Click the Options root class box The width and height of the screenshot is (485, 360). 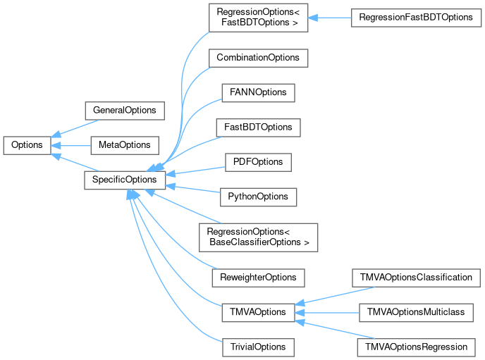tap(27, 145)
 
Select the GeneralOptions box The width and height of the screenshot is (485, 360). tap(124, 111)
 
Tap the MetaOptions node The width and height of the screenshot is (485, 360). tap(124, 145)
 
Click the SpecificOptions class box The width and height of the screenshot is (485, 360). tap(124, 180)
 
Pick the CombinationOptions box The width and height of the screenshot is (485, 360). tap(258, 58)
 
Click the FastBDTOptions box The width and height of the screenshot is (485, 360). tap(258, 128)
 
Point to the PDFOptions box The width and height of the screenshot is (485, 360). tap(257, 162)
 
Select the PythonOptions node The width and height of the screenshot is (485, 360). tap(258, 197)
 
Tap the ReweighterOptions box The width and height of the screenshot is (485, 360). tap(258, 277)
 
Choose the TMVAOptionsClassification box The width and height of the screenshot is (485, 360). tap(416, 277)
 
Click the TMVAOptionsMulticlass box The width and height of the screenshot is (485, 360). tap(416, 311)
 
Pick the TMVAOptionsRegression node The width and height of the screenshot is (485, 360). tap(416, 347)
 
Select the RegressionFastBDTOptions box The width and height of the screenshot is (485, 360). tap(416, 17)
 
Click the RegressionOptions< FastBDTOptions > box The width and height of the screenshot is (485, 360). tap(258, 17)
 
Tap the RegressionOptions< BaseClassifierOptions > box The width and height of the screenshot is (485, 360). tap(258, 237)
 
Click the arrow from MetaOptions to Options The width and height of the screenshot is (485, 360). tap(70, 145)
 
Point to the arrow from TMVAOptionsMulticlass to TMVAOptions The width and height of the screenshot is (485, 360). tap(331, 311)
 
